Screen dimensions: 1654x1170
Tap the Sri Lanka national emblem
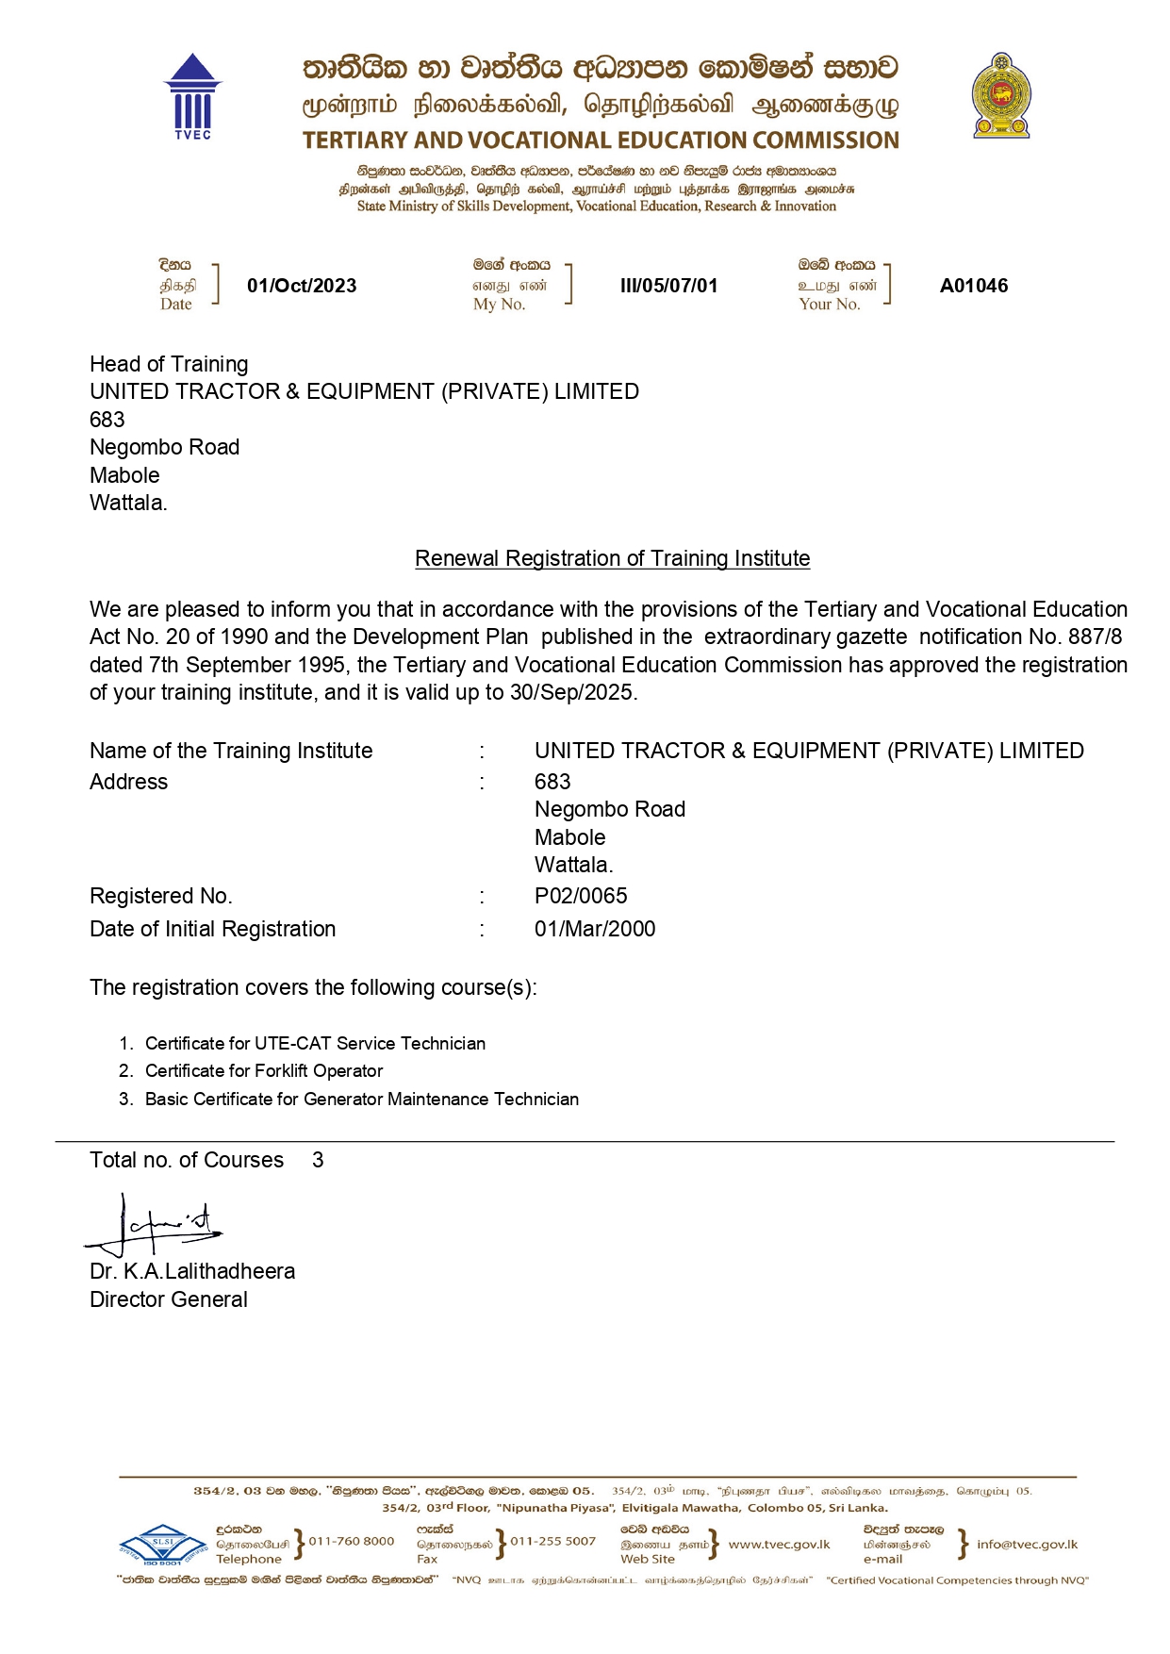[x=1000, y=96]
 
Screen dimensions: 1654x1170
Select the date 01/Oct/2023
[x=302, y=286]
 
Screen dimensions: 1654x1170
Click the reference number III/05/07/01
[x=668, y=286]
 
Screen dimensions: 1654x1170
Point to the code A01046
[x=973, y=286]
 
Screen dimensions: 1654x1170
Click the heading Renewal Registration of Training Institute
[x=612, y=558]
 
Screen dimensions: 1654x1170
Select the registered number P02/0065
[x=581, y=896]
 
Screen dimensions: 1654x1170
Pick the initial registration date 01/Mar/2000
[x=595, y=929]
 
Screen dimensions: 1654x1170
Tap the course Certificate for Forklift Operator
[x=264, y=1071]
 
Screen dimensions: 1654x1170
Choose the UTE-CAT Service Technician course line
[x=315, y=1044]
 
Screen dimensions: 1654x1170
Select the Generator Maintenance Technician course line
[x=361, y=1100]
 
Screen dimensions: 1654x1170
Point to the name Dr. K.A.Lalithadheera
[x=192, y=1271]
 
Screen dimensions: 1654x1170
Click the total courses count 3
[x=318, y=1160]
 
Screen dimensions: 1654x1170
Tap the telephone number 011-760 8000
[x=352, y=1541]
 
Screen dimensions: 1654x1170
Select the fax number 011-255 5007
[x=553, y=1541]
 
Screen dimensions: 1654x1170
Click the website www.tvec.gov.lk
[x=779, y=1544]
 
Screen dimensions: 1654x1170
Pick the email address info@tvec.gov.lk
[x=1027, y=1544]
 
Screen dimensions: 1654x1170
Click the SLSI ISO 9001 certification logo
[x=163, y=1546]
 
